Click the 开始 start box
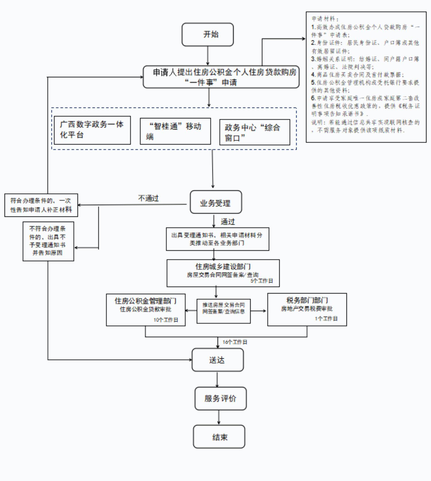pyautogui.click(x=207, y=34)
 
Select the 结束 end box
pyautogui.click(x=219, y=437)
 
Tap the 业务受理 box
pyautogui.click(x=215, y=202)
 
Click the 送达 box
pyautogui.click(x=218, y=360)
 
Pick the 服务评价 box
pyautogui.click(x=220, y=398)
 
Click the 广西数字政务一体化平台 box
pyautogui.click(x=92, y=130)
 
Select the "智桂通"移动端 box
pyautogui.click(x=175, y=131)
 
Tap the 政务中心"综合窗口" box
pyautogui.click(x=255, y=132)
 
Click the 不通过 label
pyautogui.click(x=148, y=198)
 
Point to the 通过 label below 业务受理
pyautogui.click(x=228, y=221)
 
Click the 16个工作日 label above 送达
pyautogui.click(x=235, y=342)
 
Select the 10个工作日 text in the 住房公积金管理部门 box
pyautogui.click(x=166, y=320)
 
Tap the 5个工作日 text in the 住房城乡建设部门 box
pyautogui.click(x=261, y=281)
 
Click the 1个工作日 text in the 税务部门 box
pyautogui.click(x=326, y=319)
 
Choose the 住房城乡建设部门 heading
pyautogui.click(x=223, y=266)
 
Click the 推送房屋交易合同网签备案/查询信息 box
pyautogui.click(x=224, y=311)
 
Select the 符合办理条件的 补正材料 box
pyautogui.click(x=41, y=205)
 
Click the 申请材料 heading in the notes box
pyautogui.click(x=325, y=19)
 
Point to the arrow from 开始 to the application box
pyautogui.click(x=207, y=55)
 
